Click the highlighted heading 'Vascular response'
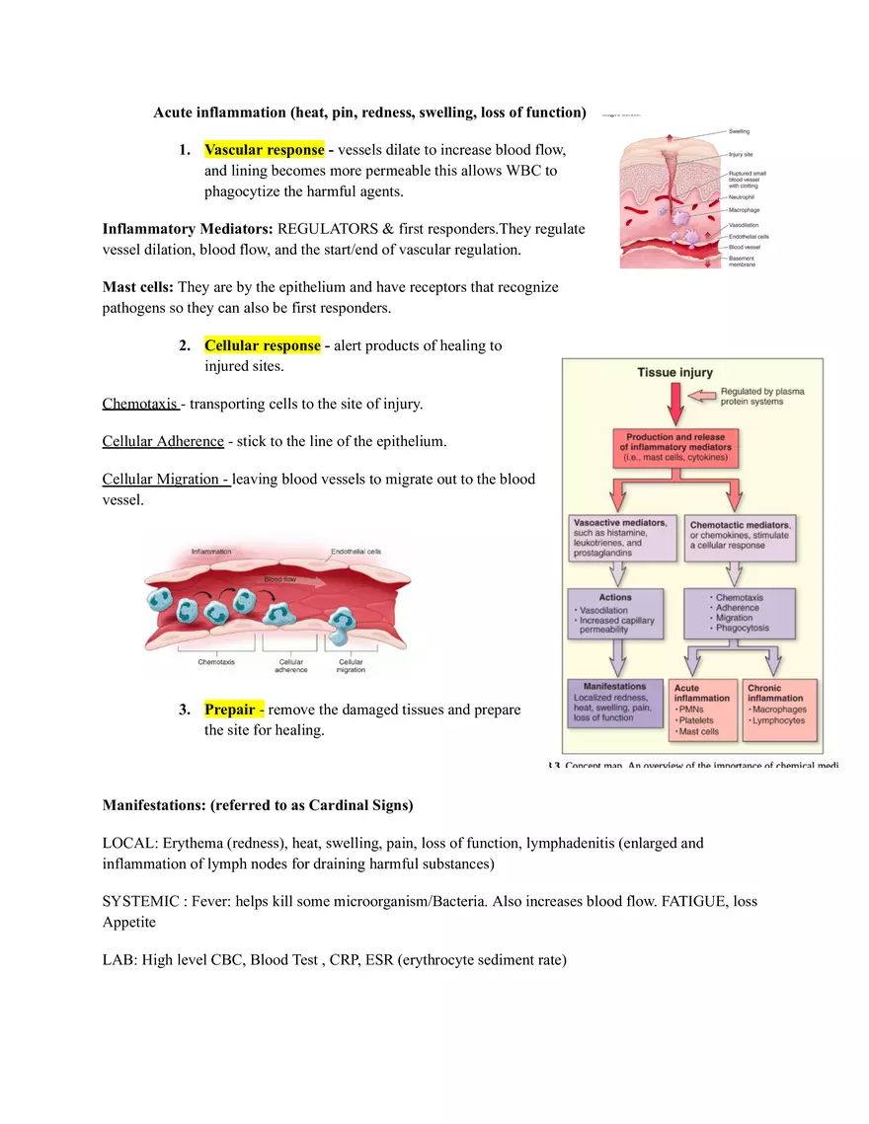264,150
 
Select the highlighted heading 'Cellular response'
262,345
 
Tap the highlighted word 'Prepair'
233,710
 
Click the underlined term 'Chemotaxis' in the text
140,404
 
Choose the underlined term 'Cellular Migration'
166,479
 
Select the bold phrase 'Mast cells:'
137,287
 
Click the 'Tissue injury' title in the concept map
675,373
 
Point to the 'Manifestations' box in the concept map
615,702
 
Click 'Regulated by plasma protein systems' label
761,397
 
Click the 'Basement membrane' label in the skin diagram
742,262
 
